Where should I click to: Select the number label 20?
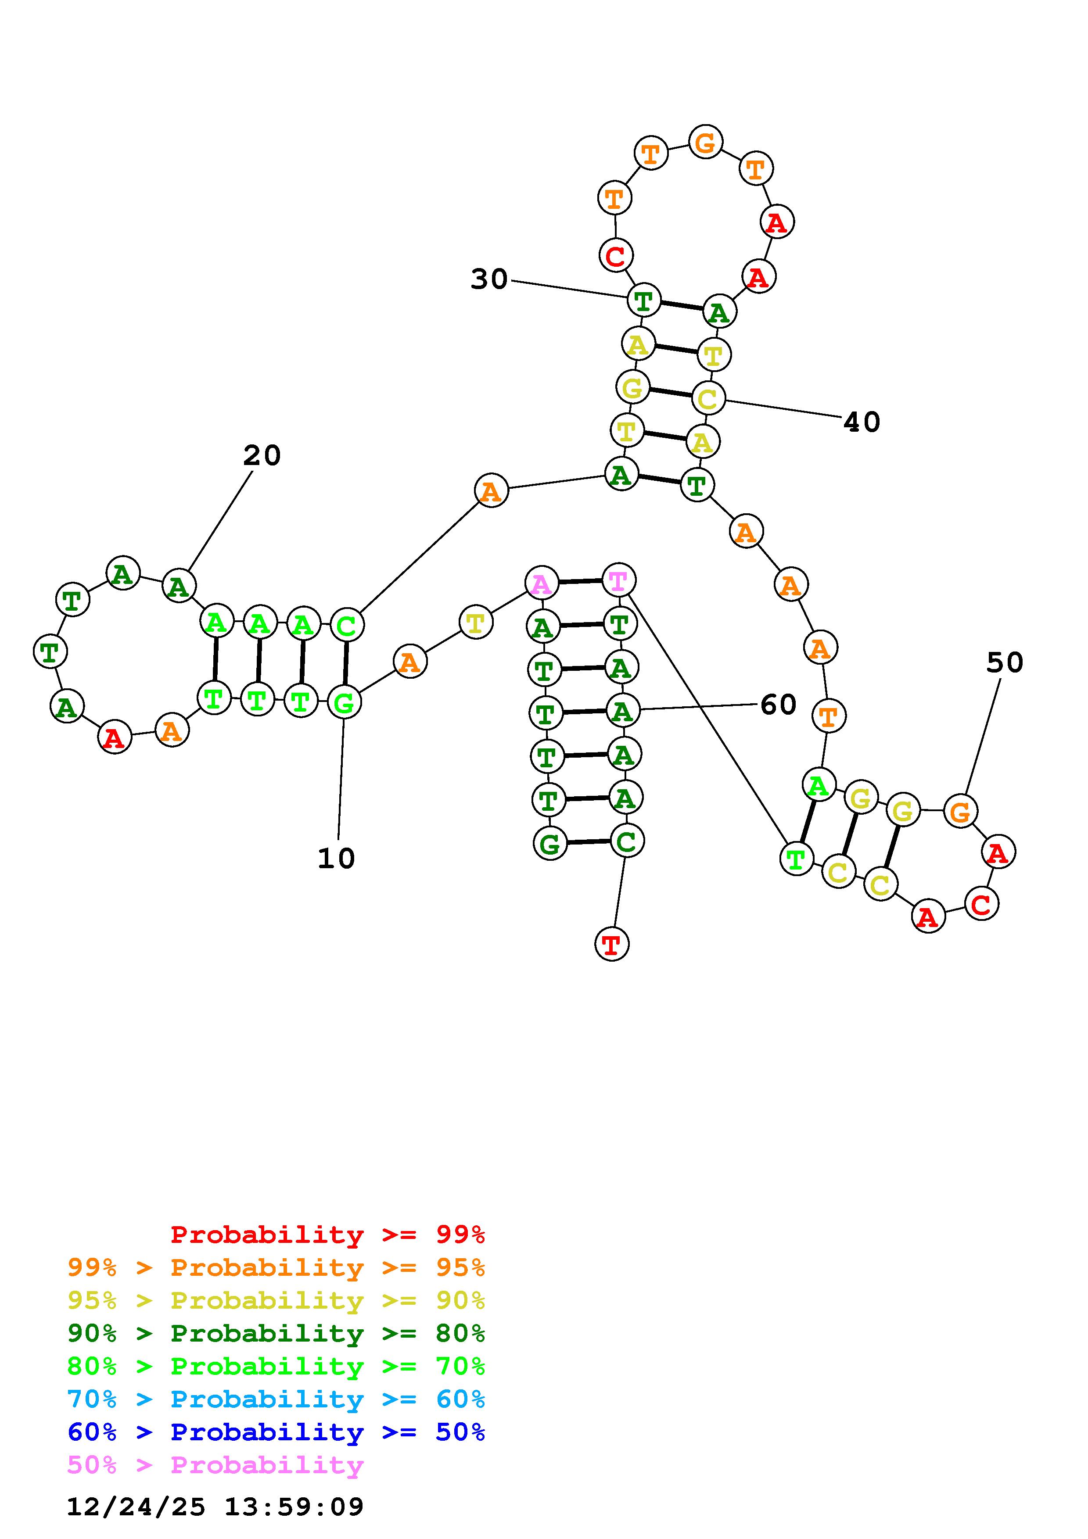pyautogui.click(x=262, y=456)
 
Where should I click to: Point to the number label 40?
pyautogui.click(x=862, y=422)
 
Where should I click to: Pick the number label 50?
pyautogui.click(x=1004, y=663)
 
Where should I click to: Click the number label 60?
pyautogui.click(x=778, y=705)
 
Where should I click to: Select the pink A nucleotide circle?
pyautogui.click(x=542, y=584)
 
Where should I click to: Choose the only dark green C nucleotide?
pyautogui.click(x=627, y=841)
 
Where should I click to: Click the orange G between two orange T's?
pyautogui.click(x=705, y=142)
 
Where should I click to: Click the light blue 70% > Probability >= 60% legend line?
pyautogui.click(x=276, y=1399)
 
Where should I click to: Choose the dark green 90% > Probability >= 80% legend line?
pyautogui.click(x=276, y=1333)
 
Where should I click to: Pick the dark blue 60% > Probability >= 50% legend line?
pyautogui.click(x=276, y=1432)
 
